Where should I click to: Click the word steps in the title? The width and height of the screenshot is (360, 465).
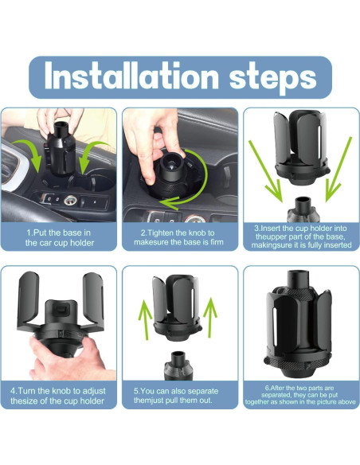pyautogui.click(x=273, y=78)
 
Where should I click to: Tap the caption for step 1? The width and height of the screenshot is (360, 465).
pyautogui.click(x=59, y=237)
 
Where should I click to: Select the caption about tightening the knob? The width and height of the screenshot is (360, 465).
pyautogui.click(x=178, y=237)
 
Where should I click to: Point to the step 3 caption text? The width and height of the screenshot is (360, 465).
pyautogui.click(x=301, y=236)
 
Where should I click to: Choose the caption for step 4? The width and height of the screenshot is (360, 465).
pyautogui.click(x=58, y=396)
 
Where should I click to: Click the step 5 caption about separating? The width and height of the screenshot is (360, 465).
pyautogui.click(x=176, y=395)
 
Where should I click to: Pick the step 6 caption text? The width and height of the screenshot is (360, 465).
pyautogui.click(x=300, y=395)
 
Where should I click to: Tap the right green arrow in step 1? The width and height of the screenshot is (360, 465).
pyautogui.click(x=89, y=153)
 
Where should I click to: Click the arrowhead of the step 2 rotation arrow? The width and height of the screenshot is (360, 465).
pyautogui.click(x=167, y=203)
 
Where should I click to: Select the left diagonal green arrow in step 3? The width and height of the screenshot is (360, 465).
pyautogui.click(x=266, y=172)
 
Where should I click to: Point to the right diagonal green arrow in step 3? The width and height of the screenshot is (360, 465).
pyautogui.click(x=338, y=170)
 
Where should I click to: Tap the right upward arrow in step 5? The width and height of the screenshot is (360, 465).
pyautogui.click(x=210, y=318)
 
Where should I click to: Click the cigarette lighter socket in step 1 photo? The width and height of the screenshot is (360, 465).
pyautogui.click(x=71, y=201)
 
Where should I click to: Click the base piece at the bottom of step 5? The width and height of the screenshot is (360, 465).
pyautogui.click(x=178, y=366)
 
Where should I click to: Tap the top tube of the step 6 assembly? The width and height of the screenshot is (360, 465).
pyautogui.click(x=298, y=279)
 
